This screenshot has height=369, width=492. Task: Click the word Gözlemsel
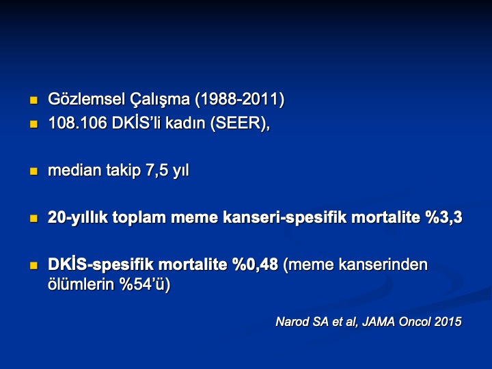(86, 99)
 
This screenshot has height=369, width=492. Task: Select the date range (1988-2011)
(239, 100)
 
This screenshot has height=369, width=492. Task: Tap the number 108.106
(78, 123)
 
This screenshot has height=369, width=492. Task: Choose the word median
(74, 170)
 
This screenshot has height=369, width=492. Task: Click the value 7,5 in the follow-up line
(157, 170)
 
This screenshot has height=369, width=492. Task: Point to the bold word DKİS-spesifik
(102, 264)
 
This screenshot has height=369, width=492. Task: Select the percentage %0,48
(255, 264)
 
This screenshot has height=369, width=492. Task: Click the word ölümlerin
(81, 284)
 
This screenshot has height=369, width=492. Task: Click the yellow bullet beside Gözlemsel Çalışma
(33, 100)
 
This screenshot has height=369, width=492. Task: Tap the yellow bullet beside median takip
(33, 172)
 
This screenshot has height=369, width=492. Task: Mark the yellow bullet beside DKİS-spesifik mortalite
(33, 266)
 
